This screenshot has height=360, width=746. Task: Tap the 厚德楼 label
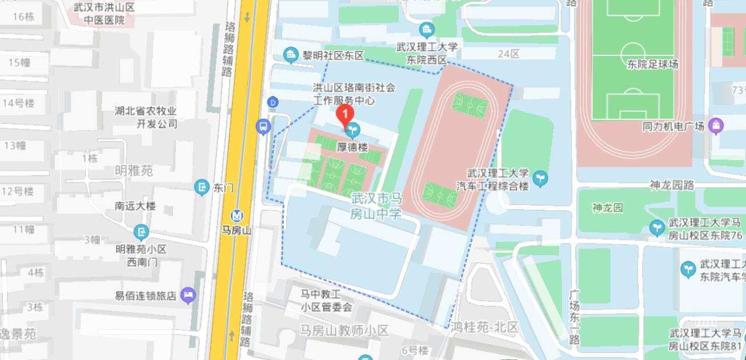coord(353,147)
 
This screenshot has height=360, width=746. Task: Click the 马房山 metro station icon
coord(237,216)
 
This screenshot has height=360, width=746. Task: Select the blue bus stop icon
coord(263,126)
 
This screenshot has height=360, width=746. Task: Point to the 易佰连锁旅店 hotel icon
coord(187,295)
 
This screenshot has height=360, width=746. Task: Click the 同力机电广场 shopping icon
coord(716,125)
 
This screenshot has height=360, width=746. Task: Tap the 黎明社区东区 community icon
coord(291,55)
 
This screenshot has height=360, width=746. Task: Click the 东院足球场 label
coord(653,64)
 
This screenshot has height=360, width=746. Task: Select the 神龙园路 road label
coord(672,185)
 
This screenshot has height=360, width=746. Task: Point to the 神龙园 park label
coord(607,207)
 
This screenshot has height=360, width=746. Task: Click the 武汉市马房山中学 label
coord(376,206)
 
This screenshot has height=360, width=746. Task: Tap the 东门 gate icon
coord(202,188)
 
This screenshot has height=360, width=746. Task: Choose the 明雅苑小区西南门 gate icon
coord(141,233)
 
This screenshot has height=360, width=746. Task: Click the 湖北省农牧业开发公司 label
coord(146,117)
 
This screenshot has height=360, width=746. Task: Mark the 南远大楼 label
coord(135,206)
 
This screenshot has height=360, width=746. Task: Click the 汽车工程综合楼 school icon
coord(540,178)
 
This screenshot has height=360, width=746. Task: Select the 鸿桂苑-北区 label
coord(484,327)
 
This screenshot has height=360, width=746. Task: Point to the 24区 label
coord(508,54)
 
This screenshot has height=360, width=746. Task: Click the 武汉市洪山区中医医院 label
coord(104,14)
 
